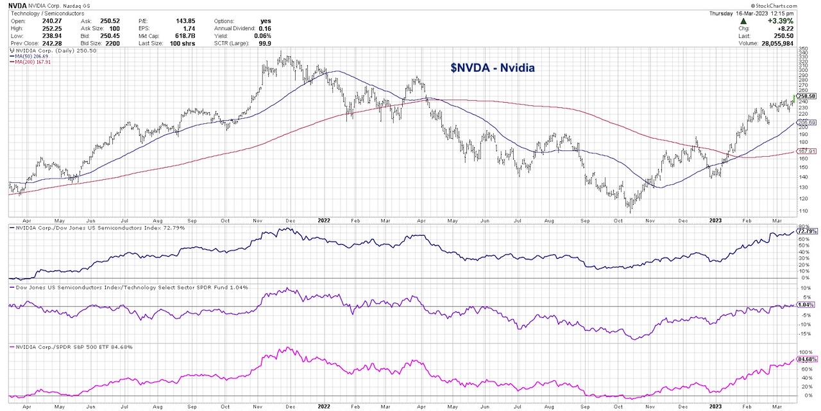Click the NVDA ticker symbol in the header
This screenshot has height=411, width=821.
pos(17,4)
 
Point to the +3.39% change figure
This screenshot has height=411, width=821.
pos(781,21)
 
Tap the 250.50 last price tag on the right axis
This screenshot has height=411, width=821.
pos(806,96)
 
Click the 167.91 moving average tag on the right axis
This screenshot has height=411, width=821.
pos(806,152)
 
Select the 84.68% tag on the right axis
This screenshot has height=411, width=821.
pos(806,360)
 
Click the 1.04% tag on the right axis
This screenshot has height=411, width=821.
pos(806,305)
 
